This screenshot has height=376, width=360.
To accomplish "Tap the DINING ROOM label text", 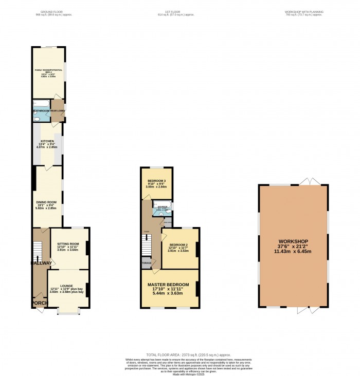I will point(46,202).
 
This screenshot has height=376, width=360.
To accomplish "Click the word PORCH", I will point(40,303).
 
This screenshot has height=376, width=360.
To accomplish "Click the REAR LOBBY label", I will point(57,111).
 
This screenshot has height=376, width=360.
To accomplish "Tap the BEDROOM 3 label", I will point(157,181).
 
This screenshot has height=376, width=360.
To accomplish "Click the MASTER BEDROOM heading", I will point(168,284).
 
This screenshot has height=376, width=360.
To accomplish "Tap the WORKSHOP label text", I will point(293,241).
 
